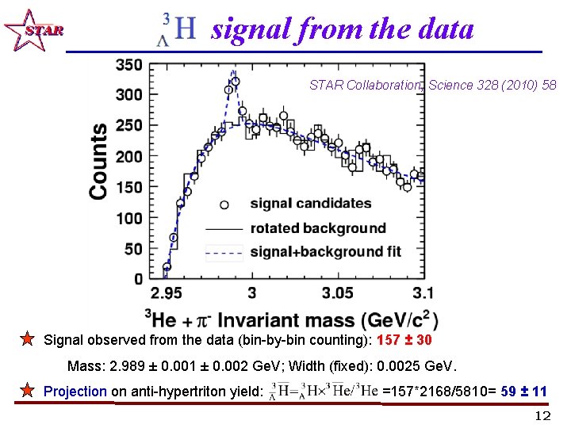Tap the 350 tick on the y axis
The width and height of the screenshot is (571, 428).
coord(128,64)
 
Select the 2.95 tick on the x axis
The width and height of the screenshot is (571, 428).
coord(165,294)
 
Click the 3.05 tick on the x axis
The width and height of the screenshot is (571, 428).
coord(338,294)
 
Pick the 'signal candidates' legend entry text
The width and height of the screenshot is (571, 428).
coord(311,204)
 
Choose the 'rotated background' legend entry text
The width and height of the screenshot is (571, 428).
coord(318,228)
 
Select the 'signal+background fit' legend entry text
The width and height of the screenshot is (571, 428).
coord(325,252)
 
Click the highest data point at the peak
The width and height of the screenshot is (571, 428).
coord(235,81)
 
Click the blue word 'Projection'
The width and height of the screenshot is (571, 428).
coord(75,391)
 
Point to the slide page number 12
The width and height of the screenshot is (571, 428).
coord(542,416)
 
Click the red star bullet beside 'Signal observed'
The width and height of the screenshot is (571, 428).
coord(27,340)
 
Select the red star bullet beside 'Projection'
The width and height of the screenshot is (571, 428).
coord(27,391)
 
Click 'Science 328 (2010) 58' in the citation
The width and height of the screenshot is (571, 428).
coord(492,85)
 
